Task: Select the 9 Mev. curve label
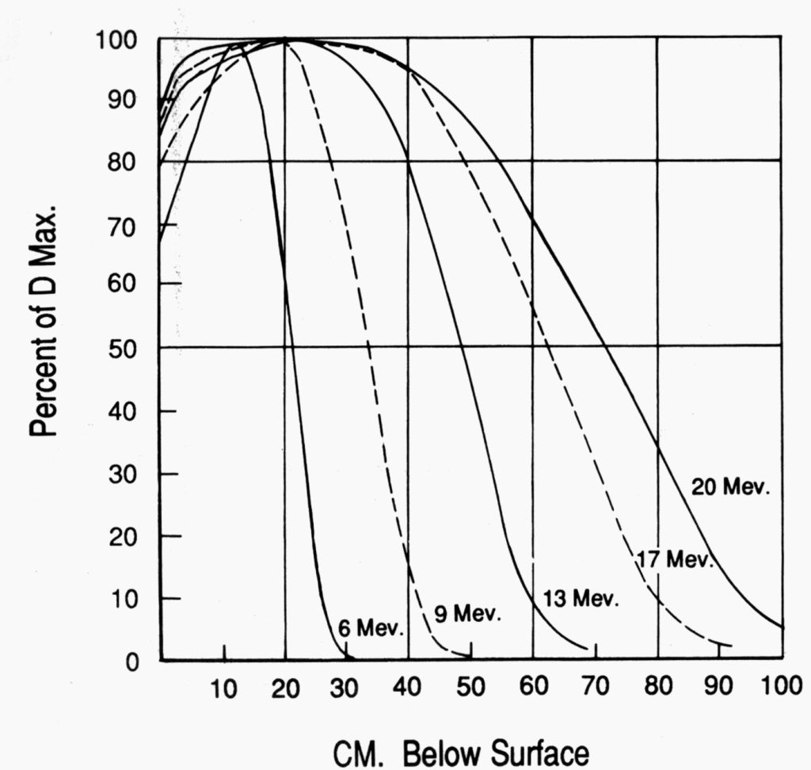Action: click(x=467, y=614)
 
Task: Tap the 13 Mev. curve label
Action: click(x=581, y=599)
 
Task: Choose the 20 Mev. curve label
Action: click(x=730, y=487)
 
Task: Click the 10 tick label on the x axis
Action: click(x=224, y=688)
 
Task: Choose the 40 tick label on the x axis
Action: click(x=409, y=688)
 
